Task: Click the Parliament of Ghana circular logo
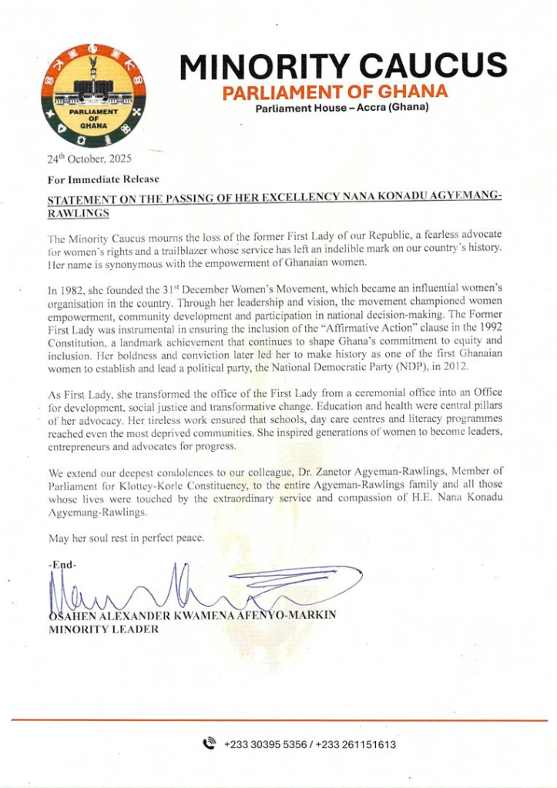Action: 96,96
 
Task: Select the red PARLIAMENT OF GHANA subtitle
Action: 335,92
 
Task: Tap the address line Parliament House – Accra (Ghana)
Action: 342,108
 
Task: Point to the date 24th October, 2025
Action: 89,159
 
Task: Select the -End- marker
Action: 62,565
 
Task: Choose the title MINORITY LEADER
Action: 104,629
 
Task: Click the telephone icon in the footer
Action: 209,743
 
